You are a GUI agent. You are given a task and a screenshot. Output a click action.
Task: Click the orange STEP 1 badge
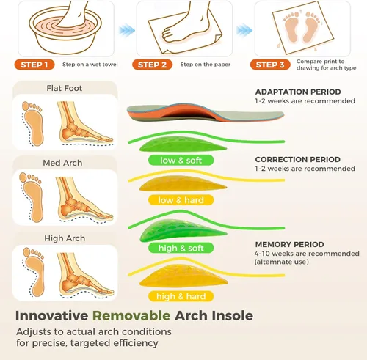pyautogui.click(x=34, y=65)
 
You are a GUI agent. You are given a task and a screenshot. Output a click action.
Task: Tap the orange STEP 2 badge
pyautogui.click(x=152, y=65)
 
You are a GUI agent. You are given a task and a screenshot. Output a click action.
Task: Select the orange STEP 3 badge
pyautogui.click(x=270, y=65)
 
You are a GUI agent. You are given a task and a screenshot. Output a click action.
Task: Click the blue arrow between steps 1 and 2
pyautogui.click(x=127, y=30)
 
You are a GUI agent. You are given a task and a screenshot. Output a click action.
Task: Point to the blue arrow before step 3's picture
pyautogui.click(x=244, y=30)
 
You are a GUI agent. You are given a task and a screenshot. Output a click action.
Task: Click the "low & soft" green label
pyautogui.click(x=181, y=161)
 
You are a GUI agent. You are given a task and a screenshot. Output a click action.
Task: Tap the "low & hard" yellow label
pyautogui.click(x=181, y=200)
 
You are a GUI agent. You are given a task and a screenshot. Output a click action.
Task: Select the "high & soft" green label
pyautogui.click(x=181, y=248)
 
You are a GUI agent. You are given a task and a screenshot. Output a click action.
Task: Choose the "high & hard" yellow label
pyautogui.click(x=181, y=296)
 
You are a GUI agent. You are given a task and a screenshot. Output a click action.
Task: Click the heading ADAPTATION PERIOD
pyautogui.click(x=298, y=92)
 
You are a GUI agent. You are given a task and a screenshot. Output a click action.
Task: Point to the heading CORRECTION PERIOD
pyautogui.click(x=298, y=159)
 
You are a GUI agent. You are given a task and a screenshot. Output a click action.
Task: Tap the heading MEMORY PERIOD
pyautogui.click(x=290, y=244)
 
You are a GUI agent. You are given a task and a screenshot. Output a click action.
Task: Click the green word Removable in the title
pyautogui.click(x=131, y=315)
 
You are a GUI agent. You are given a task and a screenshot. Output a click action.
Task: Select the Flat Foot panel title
pyautogui.click(x=65, y=88)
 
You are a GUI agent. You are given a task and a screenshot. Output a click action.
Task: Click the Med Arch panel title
pyautogui.click(x=62, y=163)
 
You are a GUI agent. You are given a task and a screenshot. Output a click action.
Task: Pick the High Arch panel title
pyautogui.click(x=65, y=238)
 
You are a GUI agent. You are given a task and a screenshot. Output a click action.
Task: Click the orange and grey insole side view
pyautogui.click(x=206, y=113)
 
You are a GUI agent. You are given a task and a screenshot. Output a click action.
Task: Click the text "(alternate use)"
pyautogui.click(x=282, y=262)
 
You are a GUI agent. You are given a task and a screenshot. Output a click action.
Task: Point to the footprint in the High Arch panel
pyautogui.click(x=34, y=271)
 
